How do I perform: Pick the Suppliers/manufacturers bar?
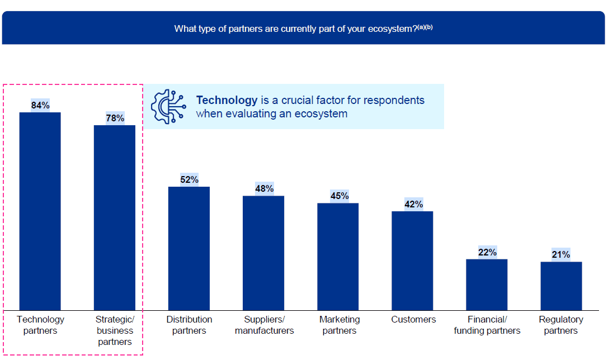pos(263,253)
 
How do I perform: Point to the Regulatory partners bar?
pos(561,286)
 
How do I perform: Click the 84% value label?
pos(40,105)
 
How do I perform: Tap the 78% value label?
pos(115,118)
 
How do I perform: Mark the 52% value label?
pos(189,179)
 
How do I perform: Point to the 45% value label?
pos(338,196)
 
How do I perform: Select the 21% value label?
pos(561,254)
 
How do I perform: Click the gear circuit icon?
pos(168,106)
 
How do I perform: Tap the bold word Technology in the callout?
pos(227,100)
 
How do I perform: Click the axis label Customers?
pos(413,319)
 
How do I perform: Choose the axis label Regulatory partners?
pos(561,325)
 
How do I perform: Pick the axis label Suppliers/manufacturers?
pos(264,325)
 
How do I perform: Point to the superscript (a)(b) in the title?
pos(425,26)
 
